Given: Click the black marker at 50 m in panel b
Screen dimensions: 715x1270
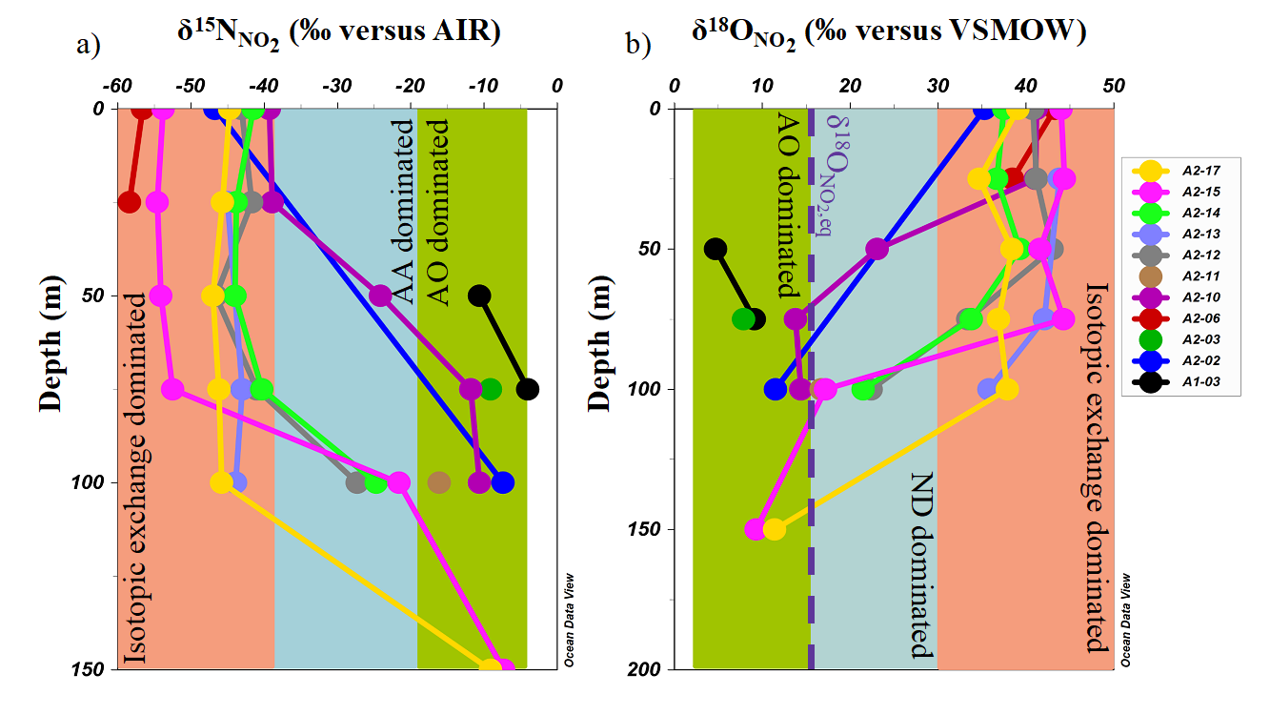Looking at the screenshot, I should coord(716,249).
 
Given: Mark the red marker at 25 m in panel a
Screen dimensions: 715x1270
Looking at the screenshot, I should coord(129,202).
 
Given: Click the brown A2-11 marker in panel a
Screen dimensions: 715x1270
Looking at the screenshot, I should coord(438,482).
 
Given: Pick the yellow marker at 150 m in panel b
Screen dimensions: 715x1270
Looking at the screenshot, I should coord(774,529).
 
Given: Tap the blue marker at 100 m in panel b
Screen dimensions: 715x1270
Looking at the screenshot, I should coord(776,389).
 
